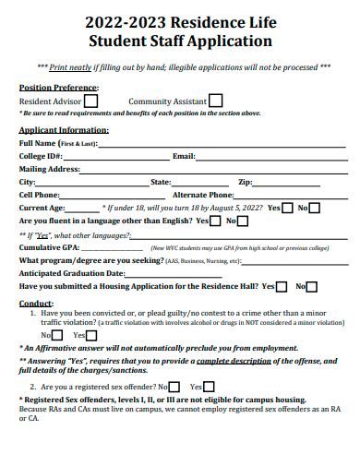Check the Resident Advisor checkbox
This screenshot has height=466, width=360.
[91, 101]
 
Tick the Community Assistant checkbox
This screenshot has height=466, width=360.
[215, 101]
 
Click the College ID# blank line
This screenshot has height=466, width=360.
[119, 158]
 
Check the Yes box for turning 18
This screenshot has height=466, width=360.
[287, 209]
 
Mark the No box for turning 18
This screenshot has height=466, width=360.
[314, 209]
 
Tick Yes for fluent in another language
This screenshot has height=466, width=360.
[216, 221]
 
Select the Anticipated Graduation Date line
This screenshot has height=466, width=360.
[185, 274]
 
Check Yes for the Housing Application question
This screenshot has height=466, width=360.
[282, 287]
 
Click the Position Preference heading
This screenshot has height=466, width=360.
[54, 88]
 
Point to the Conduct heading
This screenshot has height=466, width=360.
[36, 303]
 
